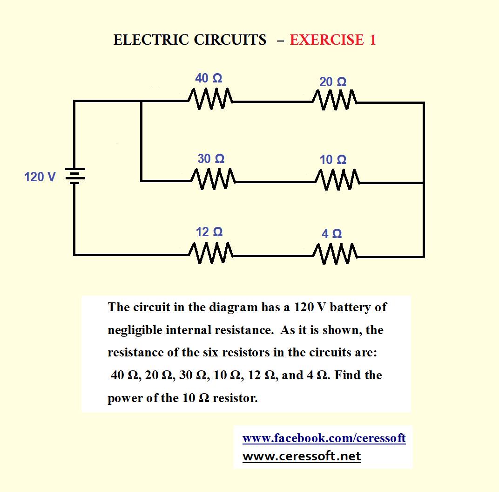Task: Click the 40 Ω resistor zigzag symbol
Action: pos(210,99)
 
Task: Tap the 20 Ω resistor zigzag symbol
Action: pos(335,100)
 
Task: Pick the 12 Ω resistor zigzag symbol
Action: pos(211,253)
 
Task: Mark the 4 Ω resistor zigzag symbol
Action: pos(335,254)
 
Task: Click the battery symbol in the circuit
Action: pos(75,176)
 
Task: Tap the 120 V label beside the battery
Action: pos(40,177)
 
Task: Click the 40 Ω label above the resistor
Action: pos(209,78)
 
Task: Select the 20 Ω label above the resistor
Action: pos(333,82)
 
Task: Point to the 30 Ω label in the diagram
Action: pos(211,158)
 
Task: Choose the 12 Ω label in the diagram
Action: pos(209,232)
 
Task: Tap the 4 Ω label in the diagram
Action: pos(331,234)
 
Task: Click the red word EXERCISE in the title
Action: pos(327,40)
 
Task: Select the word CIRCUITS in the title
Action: pos(230,40)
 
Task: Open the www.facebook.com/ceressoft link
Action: pos(324,438)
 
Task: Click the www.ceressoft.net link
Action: pos(302,456)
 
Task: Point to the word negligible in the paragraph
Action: pos(135,330)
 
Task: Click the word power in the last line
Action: pos(125,398)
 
